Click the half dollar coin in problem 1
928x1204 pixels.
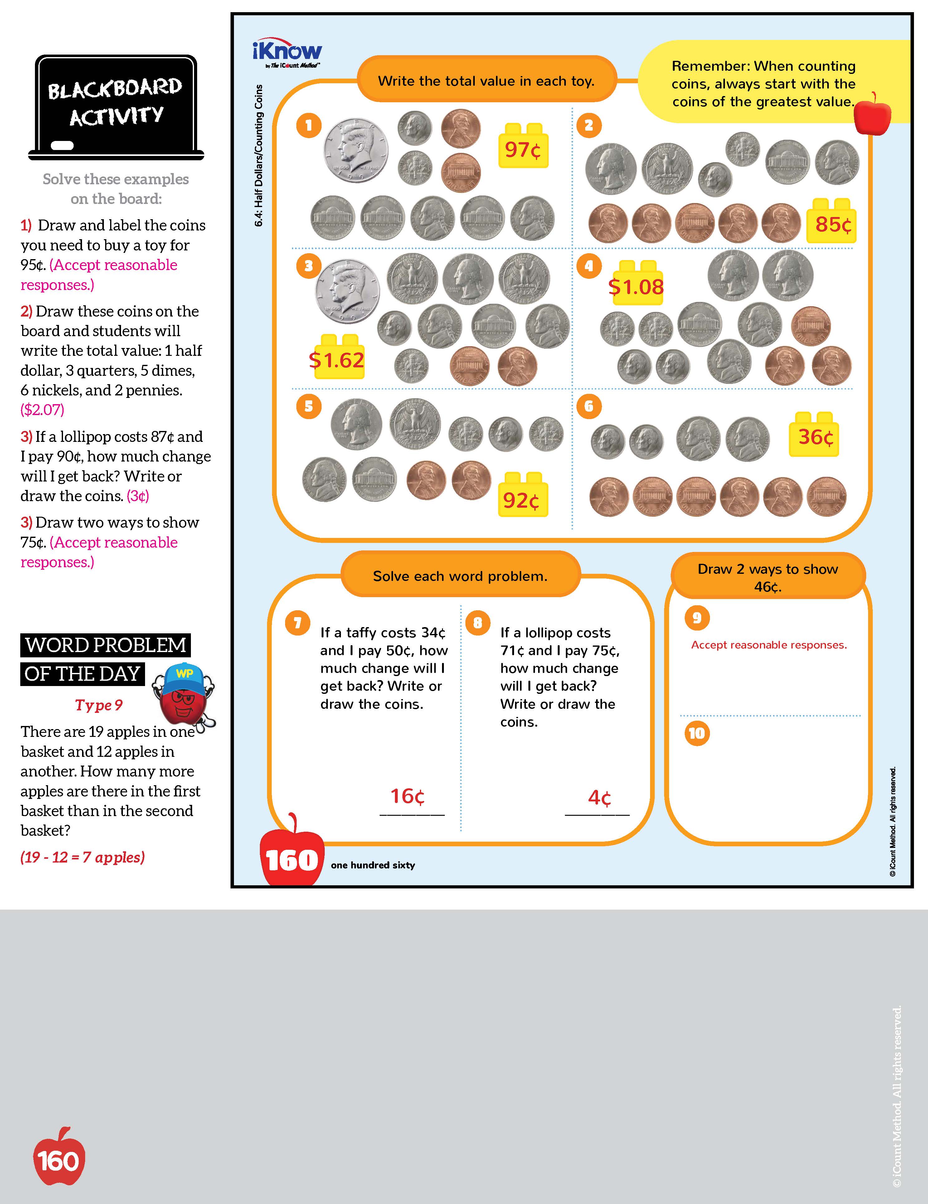pos(355,150)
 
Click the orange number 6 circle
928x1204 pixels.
pos(589,406)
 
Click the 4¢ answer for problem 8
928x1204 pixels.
pos(599,797)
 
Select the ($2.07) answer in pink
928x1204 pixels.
pos(42,410)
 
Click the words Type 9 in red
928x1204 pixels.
pos(99,705)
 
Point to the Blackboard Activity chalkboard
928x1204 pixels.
pos(116,105)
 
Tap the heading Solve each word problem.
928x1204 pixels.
pos(460,576)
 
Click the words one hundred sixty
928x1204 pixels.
pos(373,865)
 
